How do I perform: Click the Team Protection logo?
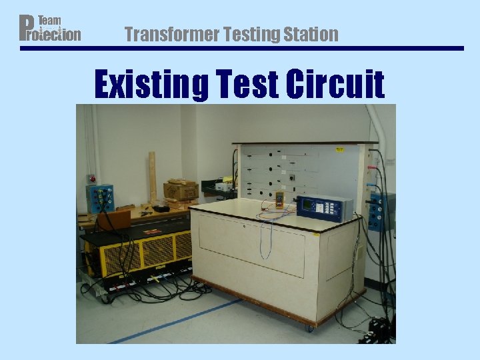point(50,27)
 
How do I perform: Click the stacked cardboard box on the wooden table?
point(180,189)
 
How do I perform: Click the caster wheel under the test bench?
point(309,328)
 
